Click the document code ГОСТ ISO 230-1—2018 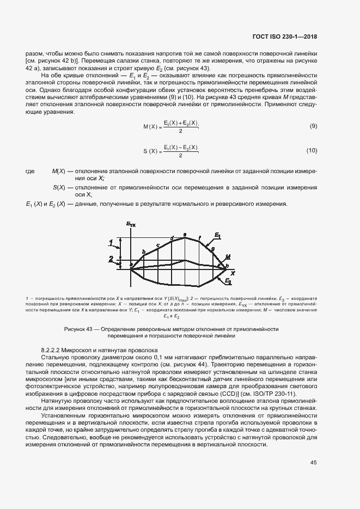pos(285,37)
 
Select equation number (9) pos(313,126)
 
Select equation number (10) pos(312,150)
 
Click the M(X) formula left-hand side pos(150,127)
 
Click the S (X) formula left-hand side pos(150,151)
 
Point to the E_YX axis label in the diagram pos(131,224)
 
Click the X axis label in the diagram pos(233,272)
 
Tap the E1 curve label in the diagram pos(217,235)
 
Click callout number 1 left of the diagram pos(111,241)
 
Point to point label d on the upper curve pos(172,238)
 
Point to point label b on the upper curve pos(144,251)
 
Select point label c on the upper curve pos(157,245)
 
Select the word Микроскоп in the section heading pos(82,351)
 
